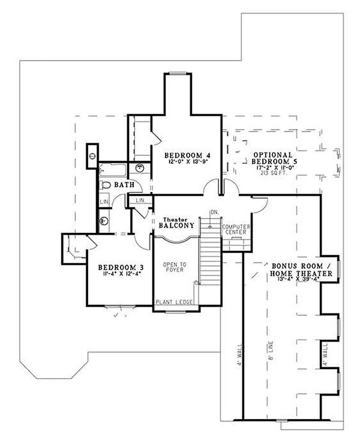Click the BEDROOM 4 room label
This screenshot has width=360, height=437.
pyautogui.click(x=187, y=153)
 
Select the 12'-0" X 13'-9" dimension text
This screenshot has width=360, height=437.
pyautogui.click(x=187, y=161)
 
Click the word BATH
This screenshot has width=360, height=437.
pyautogui.click(x=124, y=185)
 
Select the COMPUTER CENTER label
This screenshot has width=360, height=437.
pyautogui.click(x=235, y=229)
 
